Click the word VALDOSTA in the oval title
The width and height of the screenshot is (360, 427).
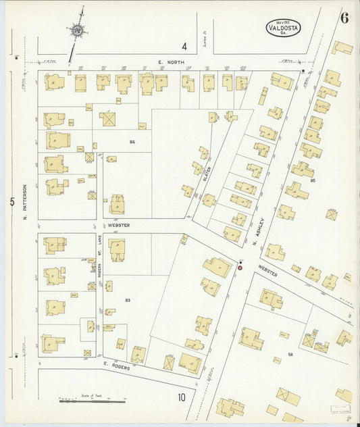coord(282,28)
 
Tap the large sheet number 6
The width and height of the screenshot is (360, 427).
coord(344,18)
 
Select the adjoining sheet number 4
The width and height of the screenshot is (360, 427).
coord(184,47)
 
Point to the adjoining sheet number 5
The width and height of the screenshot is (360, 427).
coord(11,201)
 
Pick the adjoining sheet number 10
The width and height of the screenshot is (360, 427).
coord(182,397)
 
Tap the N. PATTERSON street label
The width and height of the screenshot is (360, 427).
coord(24,202)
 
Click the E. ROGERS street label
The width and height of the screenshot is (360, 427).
coord(117,367)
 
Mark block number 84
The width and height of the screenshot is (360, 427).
coord(132,141)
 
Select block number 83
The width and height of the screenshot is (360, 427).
coord(126,299)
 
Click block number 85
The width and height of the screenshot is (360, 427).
coord(313,180)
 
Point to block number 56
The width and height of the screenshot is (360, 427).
coord(290,354)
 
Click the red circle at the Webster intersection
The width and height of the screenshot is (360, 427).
coord(239,268)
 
